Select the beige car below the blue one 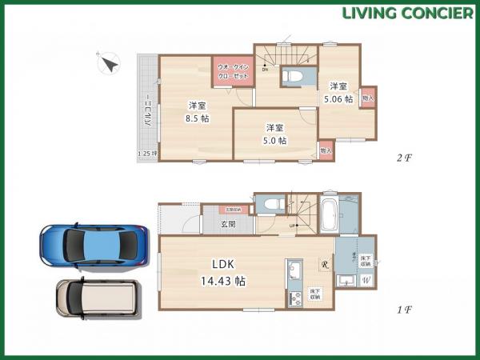[x=95, y=302]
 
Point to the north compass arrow [x=108, y=63]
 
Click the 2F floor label [x=403, y=157]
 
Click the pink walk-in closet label [x=233, y=71]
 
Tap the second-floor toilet [x=293, y=75]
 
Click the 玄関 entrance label [x=229, y=225]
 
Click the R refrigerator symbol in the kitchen [x=324, y=265]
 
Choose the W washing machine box [x=366, y=280]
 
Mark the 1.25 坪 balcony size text [x=148, y=154]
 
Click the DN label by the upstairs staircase [x=265, y=70]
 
